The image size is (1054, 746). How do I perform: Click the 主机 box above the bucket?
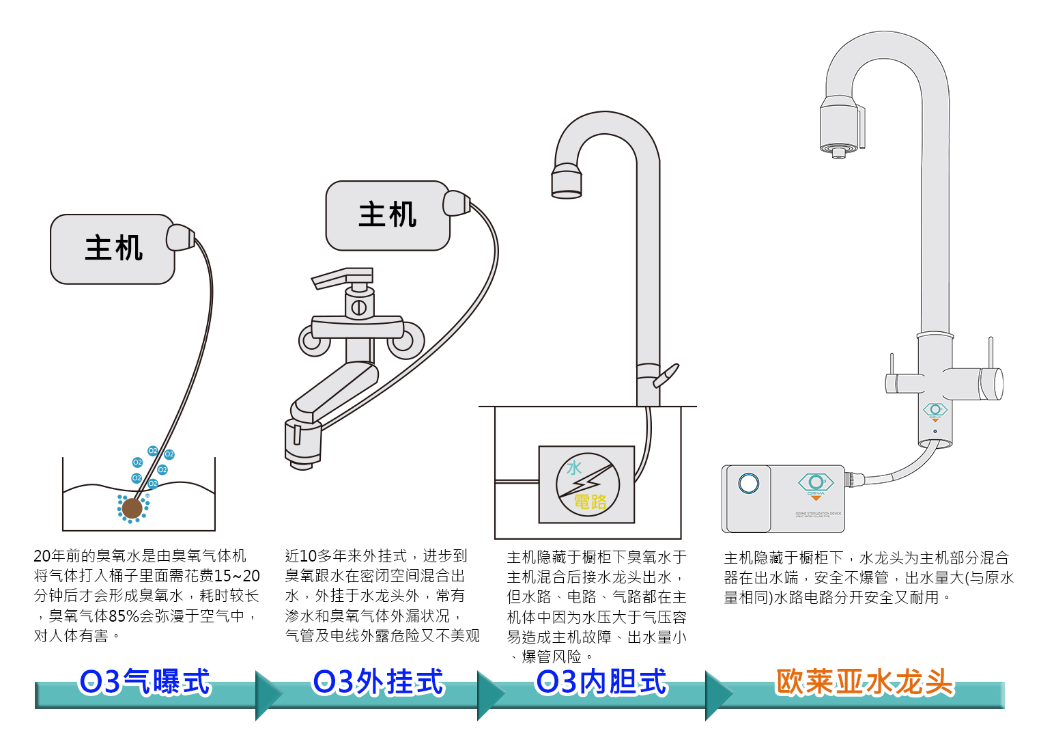[113, 249]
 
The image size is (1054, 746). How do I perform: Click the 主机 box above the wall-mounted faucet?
[388, 215]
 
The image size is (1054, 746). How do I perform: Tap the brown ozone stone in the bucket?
[132, 509]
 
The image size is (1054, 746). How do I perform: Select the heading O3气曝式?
[145, 682]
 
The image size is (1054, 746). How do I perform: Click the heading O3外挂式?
[378, 682]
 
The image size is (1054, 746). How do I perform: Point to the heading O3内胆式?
[601, 682]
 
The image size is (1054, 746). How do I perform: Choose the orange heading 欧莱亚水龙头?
[865, 682]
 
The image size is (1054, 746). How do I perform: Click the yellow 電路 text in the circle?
[590, 501]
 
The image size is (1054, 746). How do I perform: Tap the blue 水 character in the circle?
[574, 468]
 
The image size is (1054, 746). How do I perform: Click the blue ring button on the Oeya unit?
[749, 483]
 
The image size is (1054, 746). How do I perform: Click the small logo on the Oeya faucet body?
[935, 411]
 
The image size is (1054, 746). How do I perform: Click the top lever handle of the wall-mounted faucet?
[342, 278]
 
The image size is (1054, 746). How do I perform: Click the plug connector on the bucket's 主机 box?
[180, 237]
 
